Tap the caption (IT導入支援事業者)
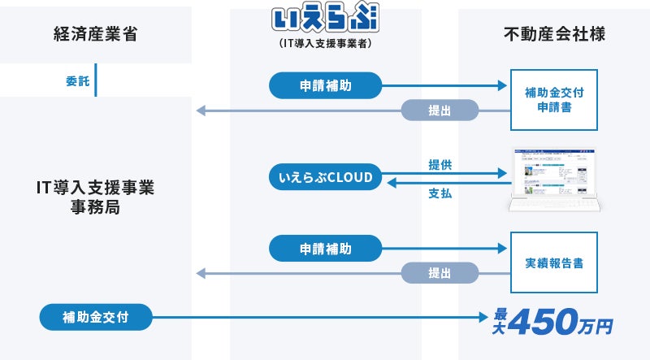[325, 43]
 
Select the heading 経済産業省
[96, 34]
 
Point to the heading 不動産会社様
[554, 34]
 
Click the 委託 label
[77, 81]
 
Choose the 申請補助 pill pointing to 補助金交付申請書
[325, 85]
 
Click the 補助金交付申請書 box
[554, 100]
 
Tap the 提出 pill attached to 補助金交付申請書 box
[440, 111]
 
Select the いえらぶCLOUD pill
[325, 177]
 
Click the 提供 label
[440, 165]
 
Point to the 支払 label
[440, 193]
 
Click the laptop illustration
[553, 180]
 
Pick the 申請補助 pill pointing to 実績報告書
[325, 248]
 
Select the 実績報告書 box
[554, 263]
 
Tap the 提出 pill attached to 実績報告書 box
[440, 274]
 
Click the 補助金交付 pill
[96, 316]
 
